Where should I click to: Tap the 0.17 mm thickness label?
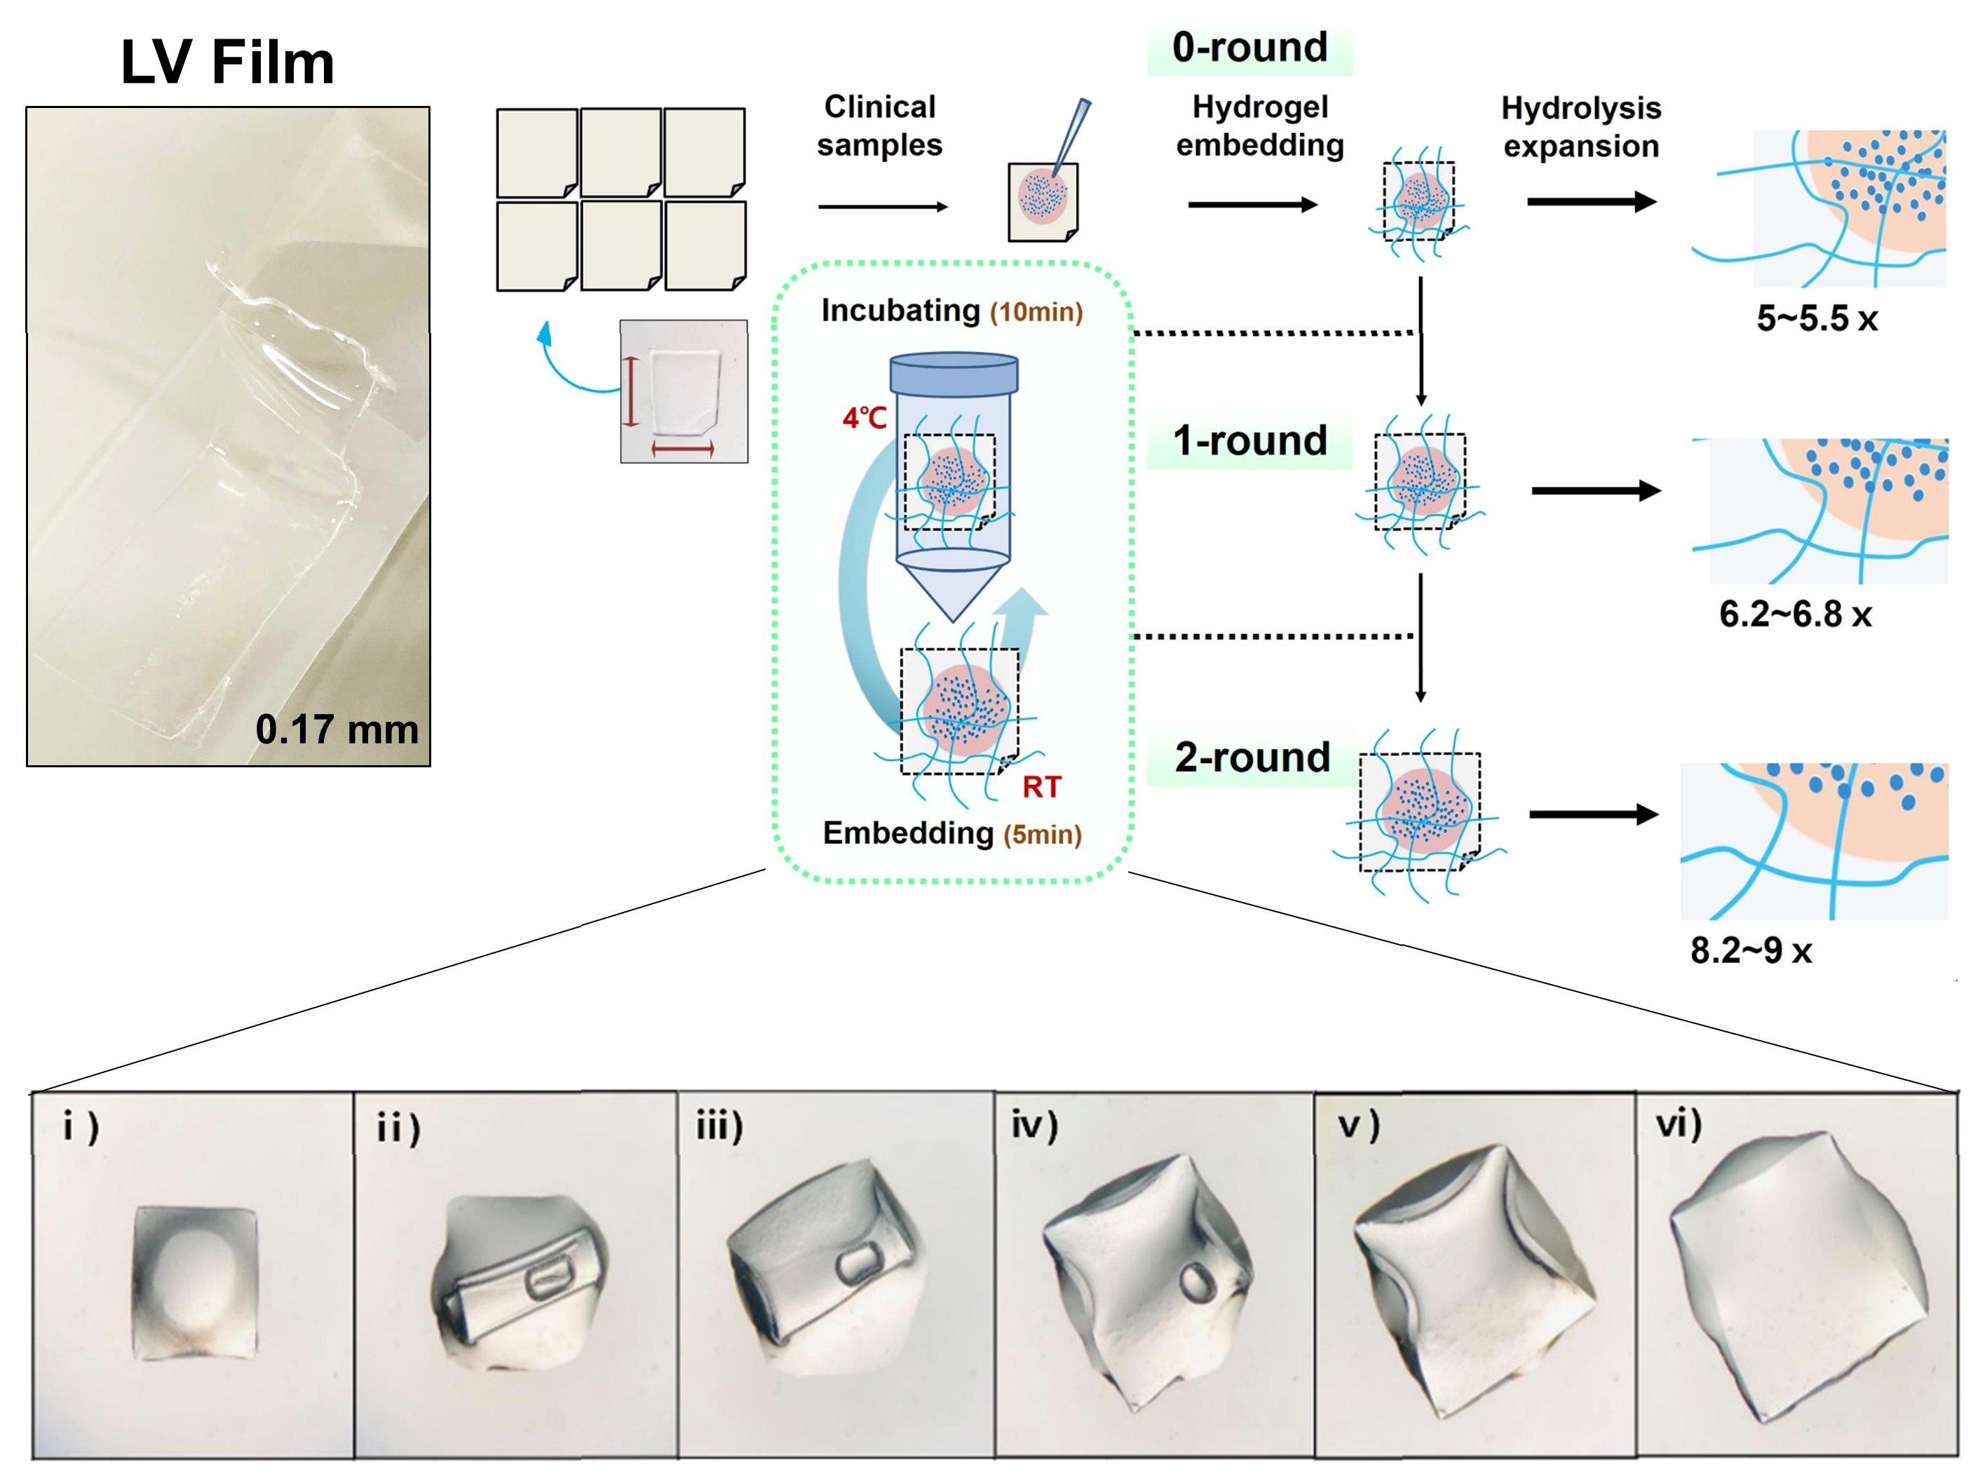(337, 730)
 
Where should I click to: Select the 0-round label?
(1249, 48)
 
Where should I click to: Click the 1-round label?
(1249, 441)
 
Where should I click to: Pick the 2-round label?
(1252, 757)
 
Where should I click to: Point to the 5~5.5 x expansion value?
(1816, 318)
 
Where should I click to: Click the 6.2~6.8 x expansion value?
(1795, 614)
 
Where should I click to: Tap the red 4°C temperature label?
(864, 418)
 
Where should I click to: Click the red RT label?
(1042, 787)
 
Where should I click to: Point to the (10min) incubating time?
(1036, 312)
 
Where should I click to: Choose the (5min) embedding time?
(1042, 835)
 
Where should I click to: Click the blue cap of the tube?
(953, 374)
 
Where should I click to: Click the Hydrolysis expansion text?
(1581, 127)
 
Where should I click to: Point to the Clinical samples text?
(879, 126)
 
